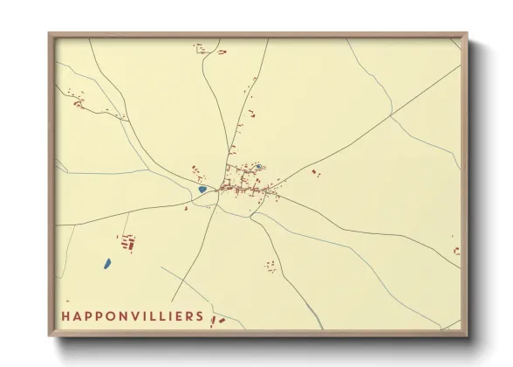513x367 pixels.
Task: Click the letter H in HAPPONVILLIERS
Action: (x=66, y=316)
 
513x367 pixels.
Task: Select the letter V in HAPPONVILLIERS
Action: (x=141, y=316)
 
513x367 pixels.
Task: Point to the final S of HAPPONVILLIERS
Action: (x=201, y=316)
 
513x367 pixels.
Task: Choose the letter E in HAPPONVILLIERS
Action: (x=178, y=316)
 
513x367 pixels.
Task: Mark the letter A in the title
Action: (x=79, y=316)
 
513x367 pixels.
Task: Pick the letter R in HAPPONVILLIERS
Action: (x=189, y=316)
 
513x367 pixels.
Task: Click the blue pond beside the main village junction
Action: (x=202, y=189)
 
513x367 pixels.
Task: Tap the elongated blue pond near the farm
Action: (x=106, y=262)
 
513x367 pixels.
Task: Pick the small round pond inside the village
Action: (x=258, y=166)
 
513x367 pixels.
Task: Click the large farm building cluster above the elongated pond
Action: (x=128, y=242)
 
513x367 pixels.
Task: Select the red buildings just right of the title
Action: (x=218, y=321)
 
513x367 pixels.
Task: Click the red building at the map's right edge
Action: (x=456, y=251)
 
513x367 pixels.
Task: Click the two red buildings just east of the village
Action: (x=316, y=173)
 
